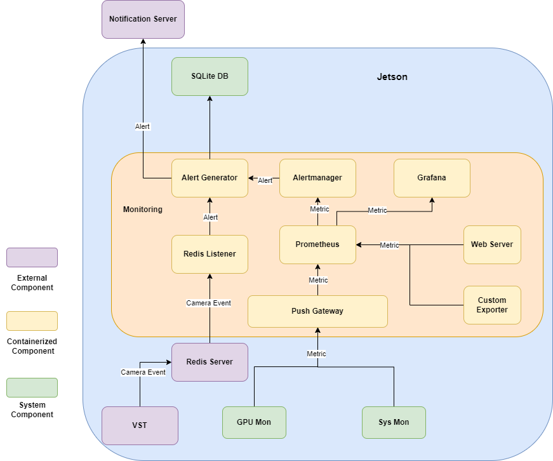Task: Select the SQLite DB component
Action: [210, 76]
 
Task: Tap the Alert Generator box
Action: [210, 178]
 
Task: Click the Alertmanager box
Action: [317, 178]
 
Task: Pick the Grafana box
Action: [432, 178]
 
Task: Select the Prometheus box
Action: [317, 244]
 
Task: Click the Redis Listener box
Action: [210, 254]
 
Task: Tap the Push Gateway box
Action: [317, 311]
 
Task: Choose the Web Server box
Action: [492, 244]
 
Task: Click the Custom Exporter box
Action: [492, 305]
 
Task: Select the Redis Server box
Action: [210, 362]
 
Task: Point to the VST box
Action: [140, 425]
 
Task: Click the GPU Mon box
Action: [254, 422]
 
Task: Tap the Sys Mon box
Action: [394, 422]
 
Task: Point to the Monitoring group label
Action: [142, 210]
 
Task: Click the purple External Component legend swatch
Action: [32, 257]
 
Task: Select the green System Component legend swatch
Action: [32, 387]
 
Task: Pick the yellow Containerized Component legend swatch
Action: [32, 321]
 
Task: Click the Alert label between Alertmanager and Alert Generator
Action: [265, 181]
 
